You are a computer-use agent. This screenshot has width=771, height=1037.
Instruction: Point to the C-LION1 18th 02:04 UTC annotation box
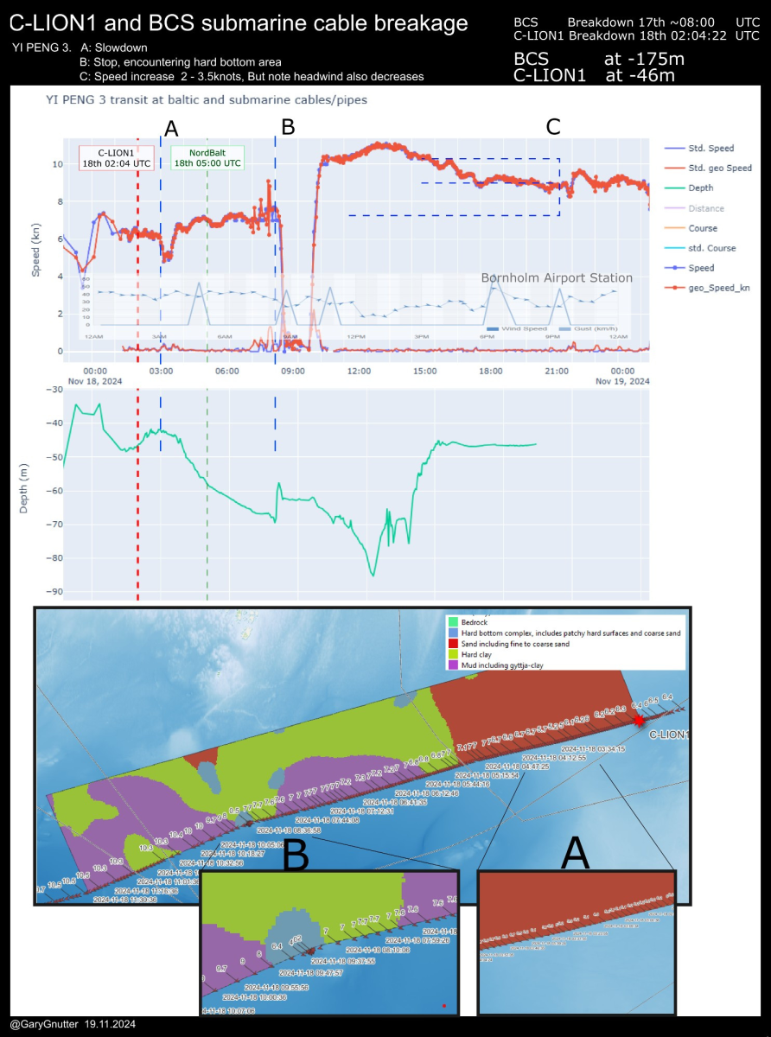point(116,157)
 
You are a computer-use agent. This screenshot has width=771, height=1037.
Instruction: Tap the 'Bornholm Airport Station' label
point(557,277)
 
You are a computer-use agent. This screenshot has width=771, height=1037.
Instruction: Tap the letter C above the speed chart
point(553,126)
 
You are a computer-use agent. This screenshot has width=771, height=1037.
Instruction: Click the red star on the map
point(640,720)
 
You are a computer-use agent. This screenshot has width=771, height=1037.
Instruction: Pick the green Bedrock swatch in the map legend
point(451,621)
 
